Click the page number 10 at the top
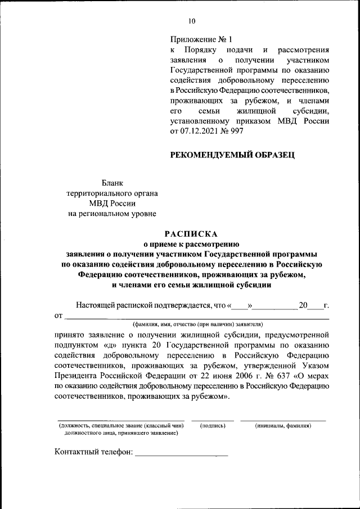[192, 21]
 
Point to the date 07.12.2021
[201, 130]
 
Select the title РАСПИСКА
[191, 234]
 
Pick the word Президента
[79, 376]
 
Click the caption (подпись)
[213, 426]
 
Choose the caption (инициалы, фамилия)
[283, 426]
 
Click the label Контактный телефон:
[93, 452]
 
